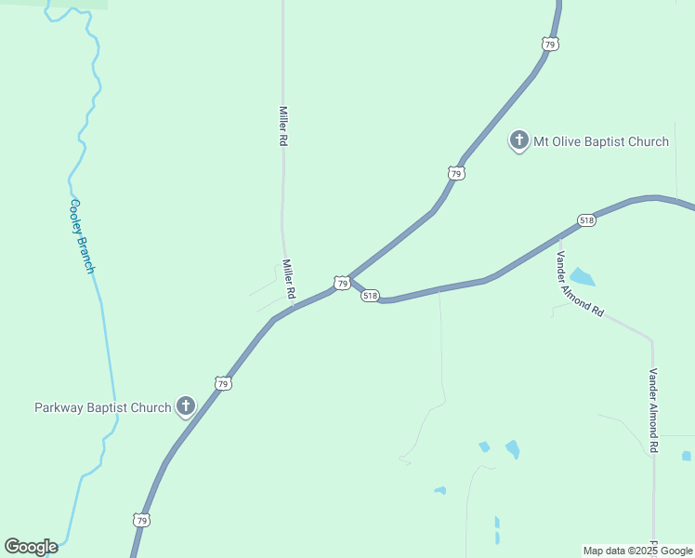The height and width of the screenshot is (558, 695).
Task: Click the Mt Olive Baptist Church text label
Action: click(x=600, y=141)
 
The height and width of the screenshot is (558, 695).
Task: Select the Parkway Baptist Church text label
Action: click(x=102, y=407)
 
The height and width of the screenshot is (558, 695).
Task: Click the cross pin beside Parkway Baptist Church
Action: click(x=186, y=405)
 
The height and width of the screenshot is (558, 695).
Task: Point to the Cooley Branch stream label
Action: click(x=83, y=236)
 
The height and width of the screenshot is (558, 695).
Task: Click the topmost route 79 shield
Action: click(x=551, y=44)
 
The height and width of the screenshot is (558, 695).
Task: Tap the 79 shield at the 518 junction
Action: click(x=342, y=283)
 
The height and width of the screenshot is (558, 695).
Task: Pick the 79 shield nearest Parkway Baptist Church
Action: click(x=222, y=383)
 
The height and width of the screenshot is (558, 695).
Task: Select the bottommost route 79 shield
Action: click(x=140, y=521)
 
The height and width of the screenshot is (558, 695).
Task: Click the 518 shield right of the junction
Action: click(x=371, y=296)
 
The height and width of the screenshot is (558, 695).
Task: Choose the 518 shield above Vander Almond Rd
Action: click(x=585, y=220)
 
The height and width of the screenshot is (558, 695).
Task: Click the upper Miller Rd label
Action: click(x=283, y=126)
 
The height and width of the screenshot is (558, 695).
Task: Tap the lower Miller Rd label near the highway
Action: click(x=289, y=278)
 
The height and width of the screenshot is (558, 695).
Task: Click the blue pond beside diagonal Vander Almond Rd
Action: click(x=582, y=276)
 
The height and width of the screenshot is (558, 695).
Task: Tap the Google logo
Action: click(x=31, y=547)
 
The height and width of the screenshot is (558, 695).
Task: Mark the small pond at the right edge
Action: click(x=686, y=456)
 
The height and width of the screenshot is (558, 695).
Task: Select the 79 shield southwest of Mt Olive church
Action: click(x=455, y=174)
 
